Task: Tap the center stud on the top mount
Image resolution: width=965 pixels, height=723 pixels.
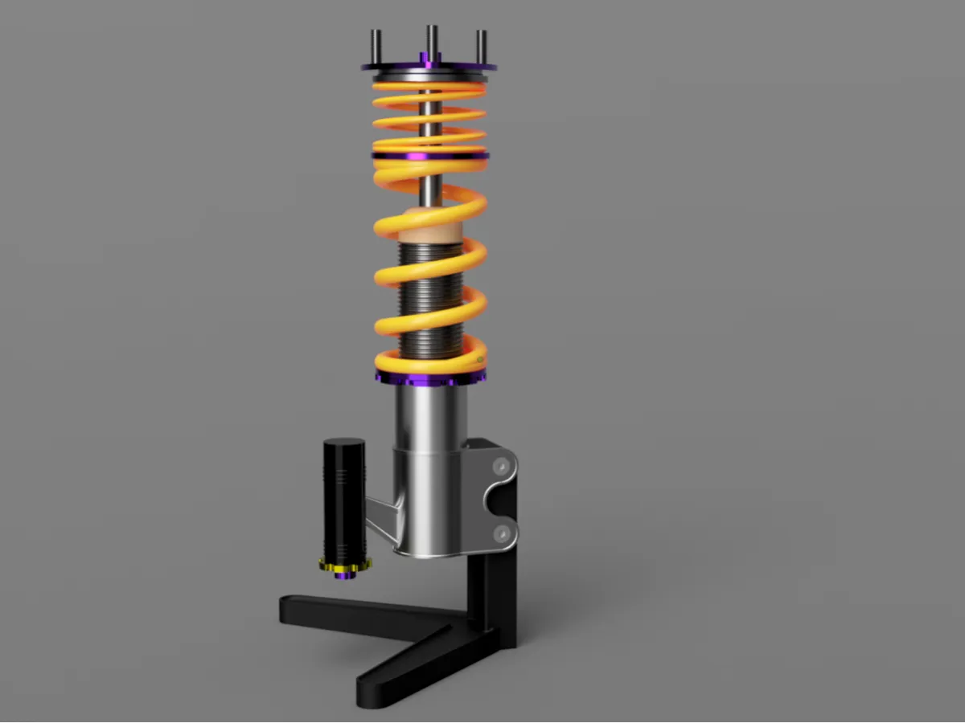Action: tap(432, 40)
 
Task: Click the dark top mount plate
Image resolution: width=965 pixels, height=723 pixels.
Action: tap(462, 67)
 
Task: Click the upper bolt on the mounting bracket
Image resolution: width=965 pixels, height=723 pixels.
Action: tap(503, 465)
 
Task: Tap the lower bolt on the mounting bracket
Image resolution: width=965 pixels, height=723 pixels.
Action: tap(503, 532)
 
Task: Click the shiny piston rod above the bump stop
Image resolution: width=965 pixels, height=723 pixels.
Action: tap(432, 189)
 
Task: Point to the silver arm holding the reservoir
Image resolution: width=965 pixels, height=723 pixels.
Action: tap(382, 518)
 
